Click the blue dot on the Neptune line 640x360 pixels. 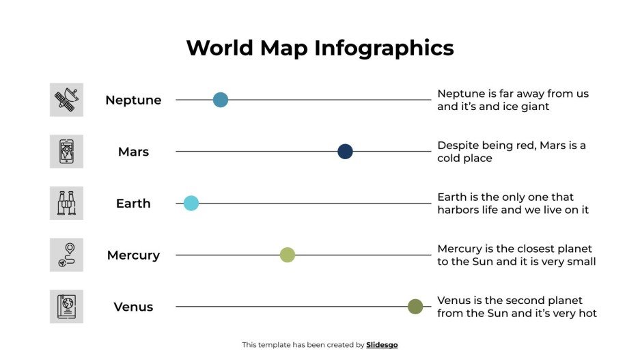[x=220, y=100]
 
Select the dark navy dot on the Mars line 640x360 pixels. [x=345, y=152]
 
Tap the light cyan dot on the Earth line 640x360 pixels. [x=191, y=203]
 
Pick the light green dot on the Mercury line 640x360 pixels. [x=288, y=255]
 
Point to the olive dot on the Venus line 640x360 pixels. [x=415, y=307]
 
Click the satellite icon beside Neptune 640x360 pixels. [x=66, y=100]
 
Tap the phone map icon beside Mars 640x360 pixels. [x=66, y=152]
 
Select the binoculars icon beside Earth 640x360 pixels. [x=66, y=203]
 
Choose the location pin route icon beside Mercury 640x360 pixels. [x=66, y=255]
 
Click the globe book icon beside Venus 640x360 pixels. [x=66, y=307]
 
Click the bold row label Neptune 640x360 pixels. [x=133, y=100]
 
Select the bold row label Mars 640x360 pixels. [x=133, y=152]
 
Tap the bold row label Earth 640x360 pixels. [x=133, y=204]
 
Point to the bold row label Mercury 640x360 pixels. [x=133, y=255]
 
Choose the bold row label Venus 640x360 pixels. [x=133, y=307]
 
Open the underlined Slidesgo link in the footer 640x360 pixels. [x=382, y=345]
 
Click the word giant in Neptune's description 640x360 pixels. [x=533, y=107]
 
